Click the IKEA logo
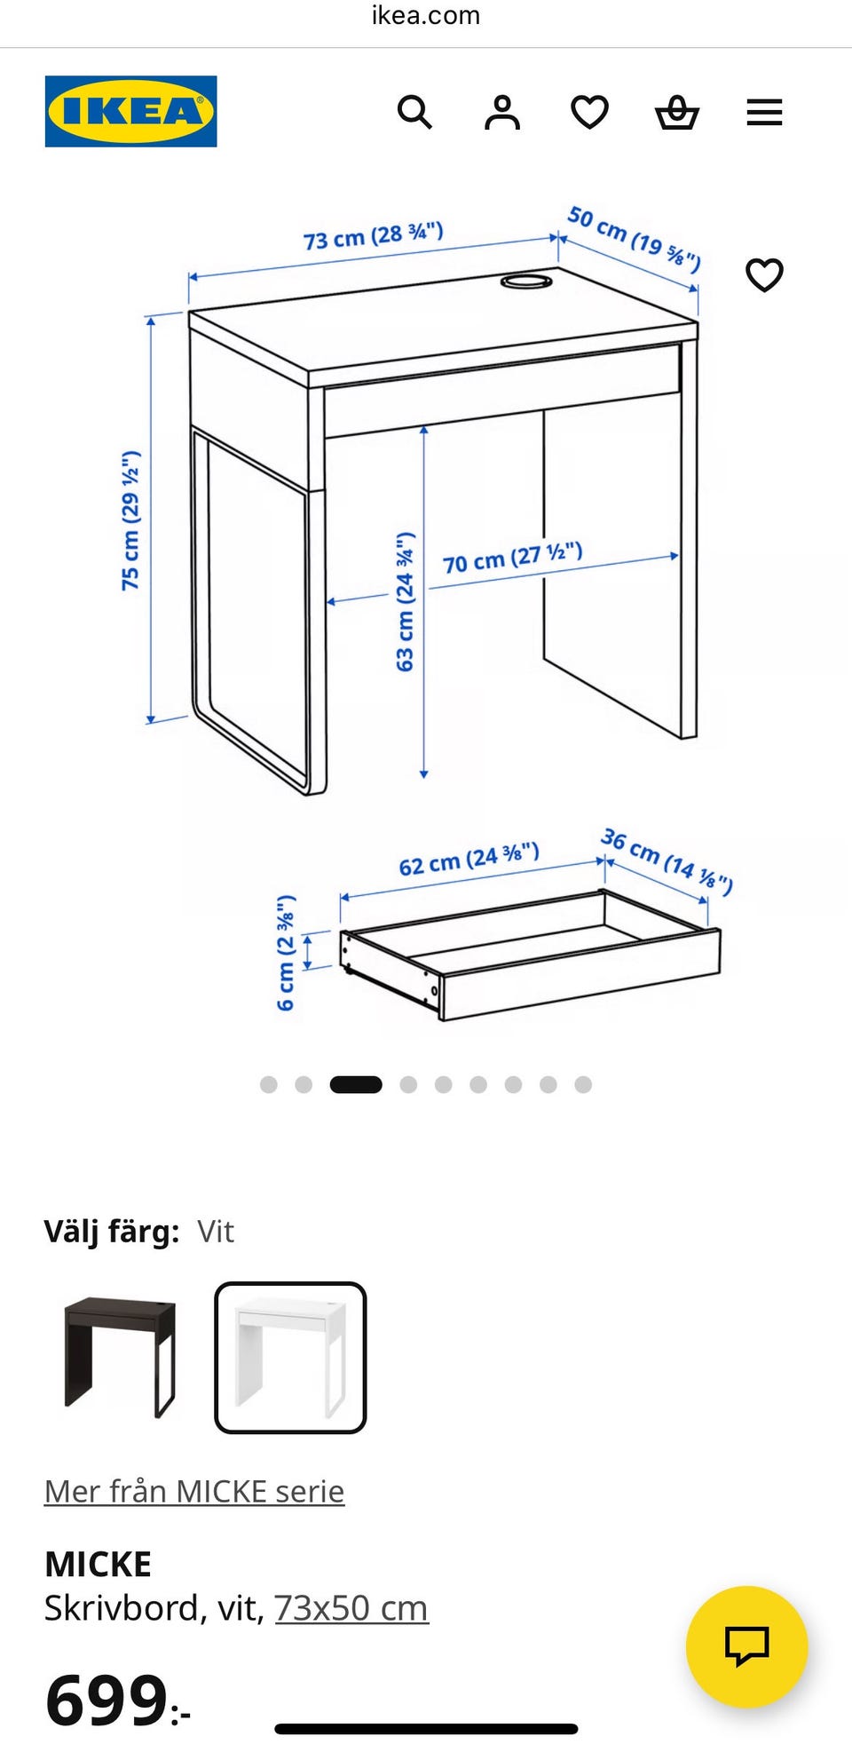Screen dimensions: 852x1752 point(130,111)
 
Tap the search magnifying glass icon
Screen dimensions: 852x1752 point(414,113)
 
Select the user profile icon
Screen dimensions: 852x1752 point(502,113)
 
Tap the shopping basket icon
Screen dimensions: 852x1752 point(677,113)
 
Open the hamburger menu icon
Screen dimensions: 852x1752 point(764,113)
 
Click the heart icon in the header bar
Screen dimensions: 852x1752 point(589,113)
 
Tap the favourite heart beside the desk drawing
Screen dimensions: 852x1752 point(764,275)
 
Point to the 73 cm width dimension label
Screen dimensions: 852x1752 point(373,236)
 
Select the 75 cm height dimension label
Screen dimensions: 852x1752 point(130,520)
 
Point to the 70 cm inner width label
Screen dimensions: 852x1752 point(512,558)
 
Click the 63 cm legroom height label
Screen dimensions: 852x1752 point(405,602)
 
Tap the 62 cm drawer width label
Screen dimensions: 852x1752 point(469,859)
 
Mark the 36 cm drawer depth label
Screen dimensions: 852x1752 point(667,861)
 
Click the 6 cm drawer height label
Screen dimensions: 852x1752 point(285,953)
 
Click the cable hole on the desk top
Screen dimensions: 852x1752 point(526,282)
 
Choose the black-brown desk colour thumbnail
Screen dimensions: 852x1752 point(120,1357)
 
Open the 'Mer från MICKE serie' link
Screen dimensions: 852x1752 point(194,1491)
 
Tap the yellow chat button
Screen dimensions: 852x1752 point(746,1646)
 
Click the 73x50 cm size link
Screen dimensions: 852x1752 point(351,1608)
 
